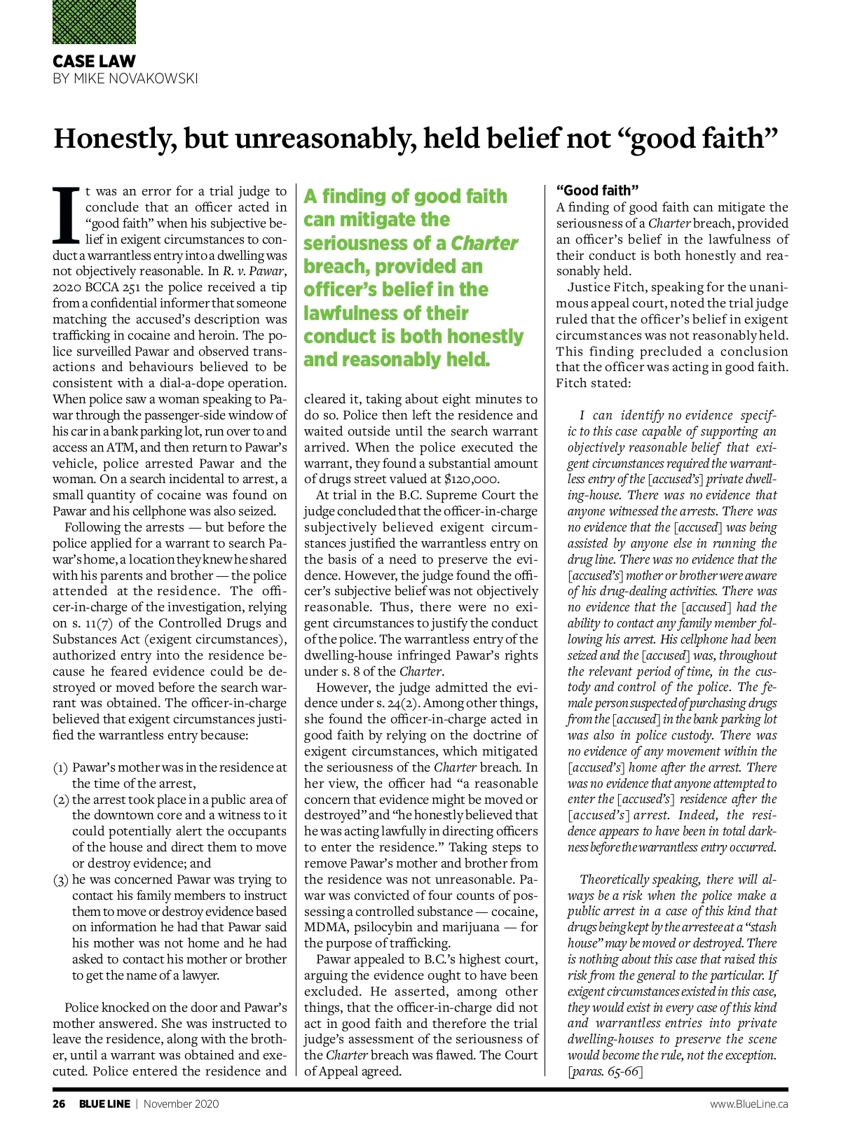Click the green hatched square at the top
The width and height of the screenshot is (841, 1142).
94,22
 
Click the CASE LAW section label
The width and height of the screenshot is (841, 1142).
94,61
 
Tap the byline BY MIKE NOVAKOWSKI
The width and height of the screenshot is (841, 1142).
125,78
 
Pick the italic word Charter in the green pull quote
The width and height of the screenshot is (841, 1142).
484,243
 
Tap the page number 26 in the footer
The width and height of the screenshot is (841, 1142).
59,1104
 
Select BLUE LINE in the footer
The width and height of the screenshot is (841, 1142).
104,1104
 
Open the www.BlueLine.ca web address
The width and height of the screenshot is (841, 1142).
748,1104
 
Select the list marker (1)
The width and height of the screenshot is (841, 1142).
60,767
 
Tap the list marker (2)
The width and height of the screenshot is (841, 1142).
60,800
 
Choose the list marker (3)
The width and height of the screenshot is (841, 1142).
60,879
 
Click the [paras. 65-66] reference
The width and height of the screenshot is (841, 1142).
606,1071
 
